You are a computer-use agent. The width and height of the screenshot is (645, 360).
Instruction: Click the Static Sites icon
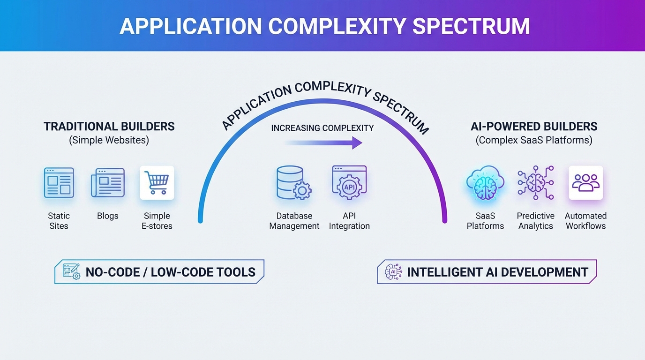(59, 182)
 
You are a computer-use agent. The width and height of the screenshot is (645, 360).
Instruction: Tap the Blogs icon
(108, 182)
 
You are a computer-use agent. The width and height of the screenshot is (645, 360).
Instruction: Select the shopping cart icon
(157, 182)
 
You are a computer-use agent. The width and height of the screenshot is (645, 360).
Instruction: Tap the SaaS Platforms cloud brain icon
(485, 183)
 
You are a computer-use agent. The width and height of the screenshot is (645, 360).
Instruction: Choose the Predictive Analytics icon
(535, 183)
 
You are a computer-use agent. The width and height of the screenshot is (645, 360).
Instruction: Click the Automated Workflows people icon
(585, 183)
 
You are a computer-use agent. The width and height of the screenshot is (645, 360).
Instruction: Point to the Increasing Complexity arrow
(323, 142)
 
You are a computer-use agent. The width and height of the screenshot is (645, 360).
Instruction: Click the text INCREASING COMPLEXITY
(322, 128)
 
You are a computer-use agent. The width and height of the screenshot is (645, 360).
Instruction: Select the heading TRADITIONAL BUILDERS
(109, 126)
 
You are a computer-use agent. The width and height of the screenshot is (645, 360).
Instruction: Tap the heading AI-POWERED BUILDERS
(534, 126)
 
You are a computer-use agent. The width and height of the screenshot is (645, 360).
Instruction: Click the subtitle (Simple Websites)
(109, 140)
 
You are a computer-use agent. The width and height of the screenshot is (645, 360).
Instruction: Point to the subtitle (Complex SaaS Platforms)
(534, 140)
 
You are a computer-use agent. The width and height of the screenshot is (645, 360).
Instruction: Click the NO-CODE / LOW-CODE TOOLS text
(171, 272)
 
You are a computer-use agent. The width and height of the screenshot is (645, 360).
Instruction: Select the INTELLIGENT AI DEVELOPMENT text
(497, 272)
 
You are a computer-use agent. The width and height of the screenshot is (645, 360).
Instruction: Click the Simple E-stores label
(157, 221)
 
